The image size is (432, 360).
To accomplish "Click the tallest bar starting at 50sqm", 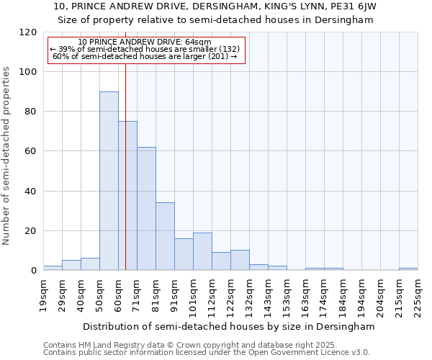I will (x=109, y=181).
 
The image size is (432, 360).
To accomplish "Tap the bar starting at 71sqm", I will (x=146, y=209).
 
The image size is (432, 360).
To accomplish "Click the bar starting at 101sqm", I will (x=202, y=251).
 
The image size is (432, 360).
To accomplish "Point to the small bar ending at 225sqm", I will (x=408, y=269).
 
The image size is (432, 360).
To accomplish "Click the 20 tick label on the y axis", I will (x=31, y=231).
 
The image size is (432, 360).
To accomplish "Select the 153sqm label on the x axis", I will (x=287, y=295).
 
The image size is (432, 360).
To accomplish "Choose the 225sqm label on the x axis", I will (x=418, y=295).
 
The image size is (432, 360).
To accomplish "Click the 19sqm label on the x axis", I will (x=43, y=295).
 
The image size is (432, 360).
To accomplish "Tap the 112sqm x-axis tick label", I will (x=212, y=295).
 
